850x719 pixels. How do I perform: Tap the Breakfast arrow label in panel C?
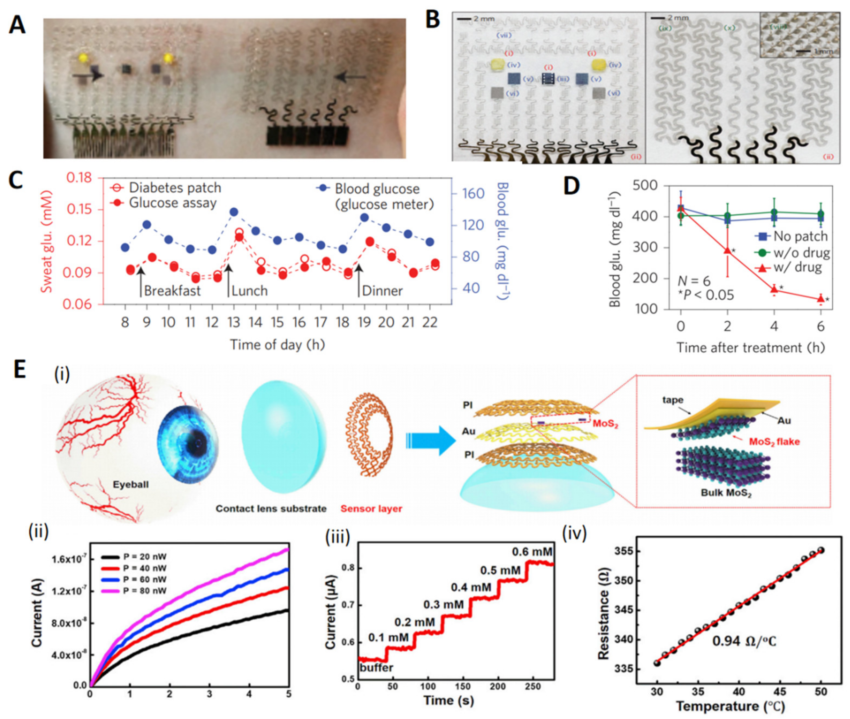tap(172, 291)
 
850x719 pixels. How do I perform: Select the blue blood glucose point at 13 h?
tap(234, 212)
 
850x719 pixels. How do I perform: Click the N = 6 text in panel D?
tap(694, 280)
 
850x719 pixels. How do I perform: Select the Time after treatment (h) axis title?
tap(751, 348)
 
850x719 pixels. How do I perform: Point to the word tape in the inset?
tap(673, 400)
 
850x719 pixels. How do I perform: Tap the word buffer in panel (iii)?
tap(376, 668)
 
